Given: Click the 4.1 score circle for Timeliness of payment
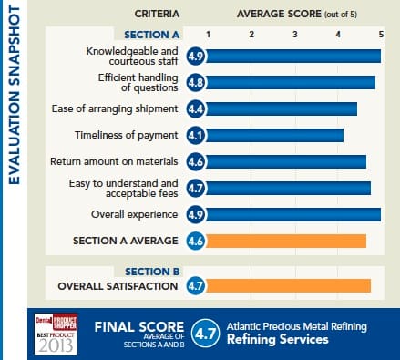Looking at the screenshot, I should point(195,136).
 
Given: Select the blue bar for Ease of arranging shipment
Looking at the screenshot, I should point(282,109).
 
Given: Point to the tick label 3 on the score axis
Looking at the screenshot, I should point(295,34).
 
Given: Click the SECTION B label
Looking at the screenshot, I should point(151,272).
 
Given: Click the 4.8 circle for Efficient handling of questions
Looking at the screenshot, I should point(195,83).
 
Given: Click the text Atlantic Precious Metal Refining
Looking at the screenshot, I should point(296,325).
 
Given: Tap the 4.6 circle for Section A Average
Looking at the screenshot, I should point(195,242).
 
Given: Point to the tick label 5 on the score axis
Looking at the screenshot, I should point(380,34).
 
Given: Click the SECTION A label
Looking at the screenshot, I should point(151,34).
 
